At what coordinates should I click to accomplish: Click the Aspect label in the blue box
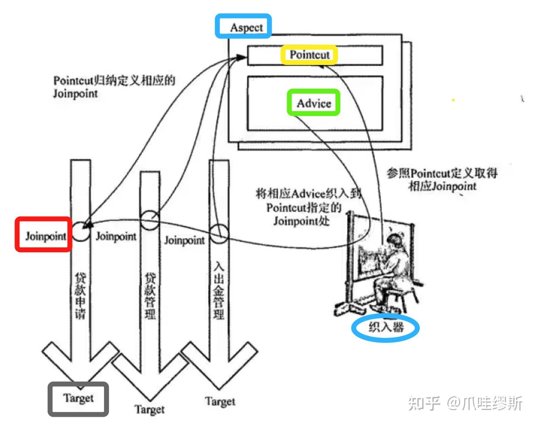[x=246, y=27]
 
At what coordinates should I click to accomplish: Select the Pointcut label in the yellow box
[x=309, y=55]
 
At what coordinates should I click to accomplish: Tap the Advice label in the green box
[x=314, y=103]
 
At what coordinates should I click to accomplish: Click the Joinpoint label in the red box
[x=45, y=236]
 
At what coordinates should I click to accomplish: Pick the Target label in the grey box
[x=78, y=398]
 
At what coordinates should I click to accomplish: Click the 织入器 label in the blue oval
[x=386, y=327]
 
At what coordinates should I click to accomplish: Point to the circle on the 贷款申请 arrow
[x=81, y=232]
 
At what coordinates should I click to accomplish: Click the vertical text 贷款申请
[x=80, y=295]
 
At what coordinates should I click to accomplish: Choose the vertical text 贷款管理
[x=150, y=295]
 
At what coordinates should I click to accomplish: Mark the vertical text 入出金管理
[x=219, y=290]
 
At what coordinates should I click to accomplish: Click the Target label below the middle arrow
[x=149, y=410]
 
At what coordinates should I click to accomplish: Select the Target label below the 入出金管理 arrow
[x=220, y=401]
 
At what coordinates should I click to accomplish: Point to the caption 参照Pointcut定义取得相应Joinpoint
[x=442, y=179]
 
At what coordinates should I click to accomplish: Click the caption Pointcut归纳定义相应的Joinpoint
[x=113, y=87]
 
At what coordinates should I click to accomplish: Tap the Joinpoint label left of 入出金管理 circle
[x=184, y=240]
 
